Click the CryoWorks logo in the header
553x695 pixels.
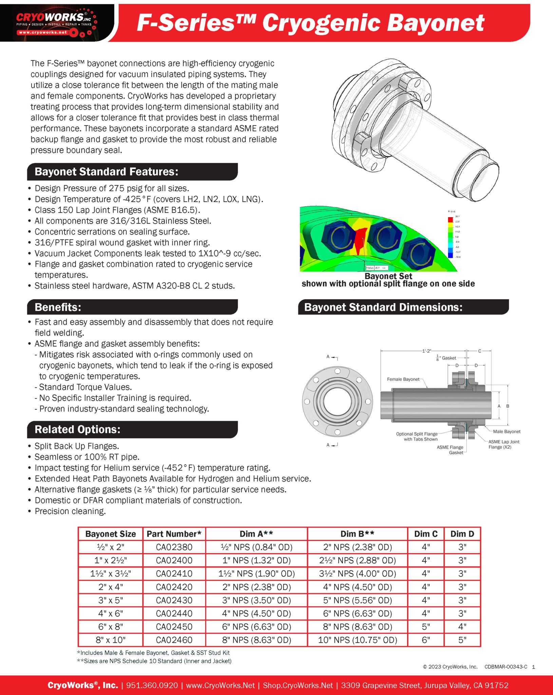[54, 21]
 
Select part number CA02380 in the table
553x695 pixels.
[174, 547]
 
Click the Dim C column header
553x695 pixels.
[425, 534]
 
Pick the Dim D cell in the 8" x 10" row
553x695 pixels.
[462, 640]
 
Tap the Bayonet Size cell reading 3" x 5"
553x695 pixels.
[111, 600]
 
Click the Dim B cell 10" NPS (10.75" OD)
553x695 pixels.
[357, 640]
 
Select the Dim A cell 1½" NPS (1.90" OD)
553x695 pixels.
[256, 574]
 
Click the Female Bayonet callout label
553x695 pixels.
[403, 379]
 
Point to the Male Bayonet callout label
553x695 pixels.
[506, 432]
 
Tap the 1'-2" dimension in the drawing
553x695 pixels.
[426, 351]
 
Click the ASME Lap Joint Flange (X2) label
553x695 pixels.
[503, 444]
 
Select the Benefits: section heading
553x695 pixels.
[58, 307]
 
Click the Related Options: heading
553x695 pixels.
[77, 429]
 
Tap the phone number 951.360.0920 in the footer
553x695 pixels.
[152, 685]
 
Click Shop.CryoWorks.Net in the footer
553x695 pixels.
[298, 685]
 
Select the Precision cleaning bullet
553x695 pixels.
[70, 511]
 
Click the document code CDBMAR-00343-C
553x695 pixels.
[506, 667]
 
